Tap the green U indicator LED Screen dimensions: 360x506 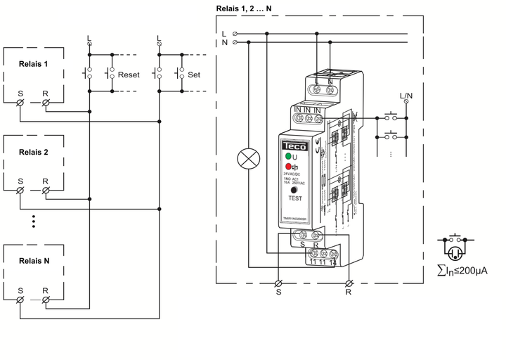point(288,156)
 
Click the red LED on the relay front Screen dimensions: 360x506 point(288,166)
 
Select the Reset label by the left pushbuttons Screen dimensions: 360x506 point(129,74)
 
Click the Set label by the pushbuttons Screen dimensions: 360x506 point(195,74)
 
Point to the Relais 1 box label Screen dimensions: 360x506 point(34,63)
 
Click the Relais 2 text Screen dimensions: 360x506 point(34,152)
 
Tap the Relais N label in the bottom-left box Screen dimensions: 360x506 point(34,260)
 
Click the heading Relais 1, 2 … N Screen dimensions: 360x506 point(245,8)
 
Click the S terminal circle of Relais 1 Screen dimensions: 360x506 point(20,103)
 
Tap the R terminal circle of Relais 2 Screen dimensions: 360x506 point(46,191)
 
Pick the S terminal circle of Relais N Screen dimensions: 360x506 point(20,300)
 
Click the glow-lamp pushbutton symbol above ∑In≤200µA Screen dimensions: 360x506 point(455,247)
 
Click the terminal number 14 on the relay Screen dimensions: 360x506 point(333,262)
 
